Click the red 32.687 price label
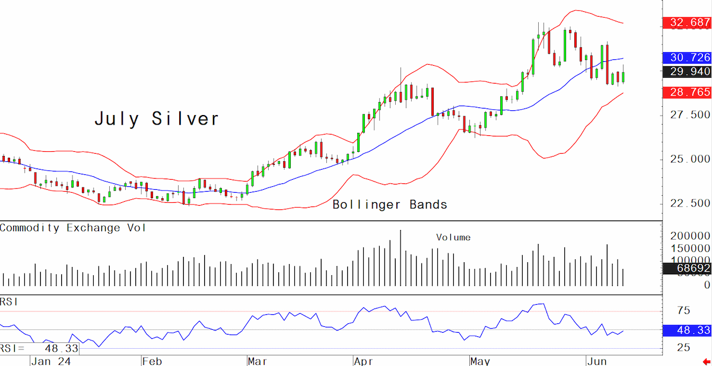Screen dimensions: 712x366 point(687,23)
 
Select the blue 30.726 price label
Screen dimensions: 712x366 point(687,58)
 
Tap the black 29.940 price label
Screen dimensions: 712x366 point(687,72)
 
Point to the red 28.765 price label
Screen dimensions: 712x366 point(687,92)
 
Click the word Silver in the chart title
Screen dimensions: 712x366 point(185,119)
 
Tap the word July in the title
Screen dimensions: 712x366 point(117,119)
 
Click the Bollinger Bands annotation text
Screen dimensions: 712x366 point(390,205)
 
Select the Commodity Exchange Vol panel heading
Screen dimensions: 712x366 point(73,228)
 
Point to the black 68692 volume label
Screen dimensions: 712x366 point(687,268)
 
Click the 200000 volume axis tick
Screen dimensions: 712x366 point(690,235)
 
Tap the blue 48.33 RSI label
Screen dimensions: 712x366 point(687,330)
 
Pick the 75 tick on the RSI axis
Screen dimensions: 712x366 point(684,310)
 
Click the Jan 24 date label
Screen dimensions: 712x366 point(51,362)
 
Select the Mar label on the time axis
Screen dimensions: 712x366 point(258,362)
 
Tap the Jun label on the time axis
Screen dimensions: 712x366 point(597,362)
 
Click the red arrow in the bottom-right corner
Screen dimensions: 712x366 point(707,362)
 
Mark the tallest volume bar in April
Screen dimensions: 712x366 point(401,258)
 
